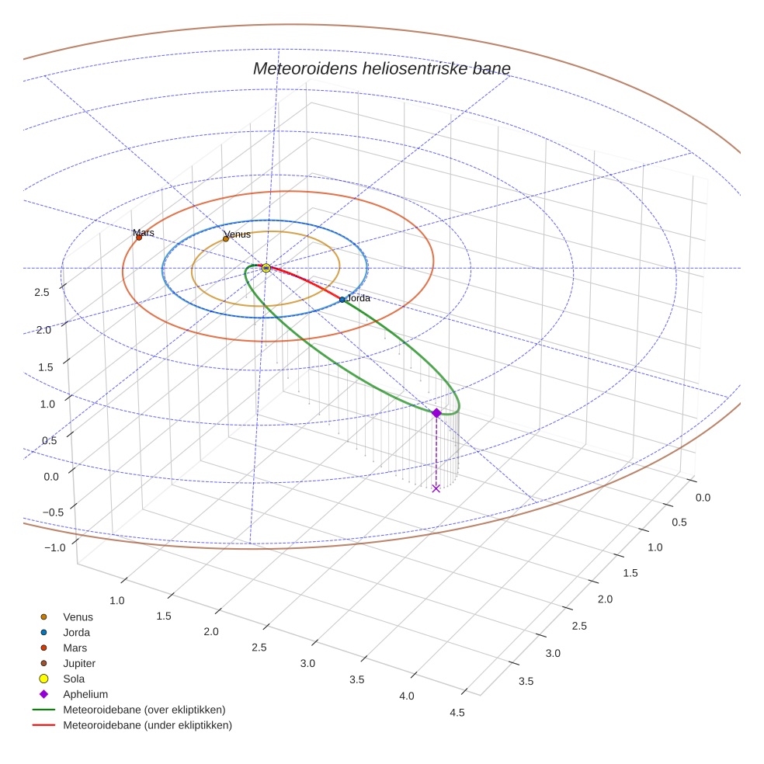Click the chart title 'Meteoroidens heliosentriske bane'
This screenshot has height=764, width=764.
coord(381,68)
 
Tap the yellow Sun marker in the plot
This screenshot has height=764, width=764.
coord(266,268)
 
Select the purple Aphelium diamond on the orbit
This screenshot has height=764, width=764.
coord(436,413)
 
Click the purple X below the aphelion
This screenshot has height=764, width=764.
coord(436,488)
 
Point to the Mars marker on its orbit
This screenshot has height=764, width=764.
coord(139,238)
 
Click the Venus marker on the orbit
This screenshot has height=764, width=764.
coord(226,239)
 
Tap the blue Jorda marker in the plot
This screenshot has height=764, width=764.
coord(342,300)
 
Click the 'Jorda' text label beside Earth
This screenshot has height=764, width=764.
coord(358,298)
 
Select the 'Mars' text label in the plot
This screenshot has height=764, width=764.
coord(144,232)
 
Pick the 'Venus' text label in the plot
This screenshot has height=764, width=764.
coord(238,234)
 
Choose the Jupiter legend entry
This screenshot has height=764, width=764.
coord(78,663)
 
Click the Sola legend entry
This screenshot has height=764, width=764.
coord(74,679)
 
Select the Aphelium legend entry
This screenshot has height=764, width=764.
coord(85,694)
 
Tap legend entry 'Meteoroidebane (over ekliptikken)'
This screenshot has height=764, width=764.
coord(144,710)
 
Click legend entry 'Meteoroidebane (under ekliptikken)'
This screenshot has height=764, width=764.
coord(147,725)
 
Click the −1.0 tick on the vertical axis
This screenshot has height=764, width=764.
coord(55,547)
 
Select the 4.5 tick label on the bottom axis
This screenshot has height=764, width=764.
coord(457,712)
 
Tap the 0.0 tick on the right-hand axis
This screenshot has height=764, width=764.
coord(702,498)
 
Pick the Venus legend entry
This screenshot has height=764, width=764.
coord(78,616)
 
